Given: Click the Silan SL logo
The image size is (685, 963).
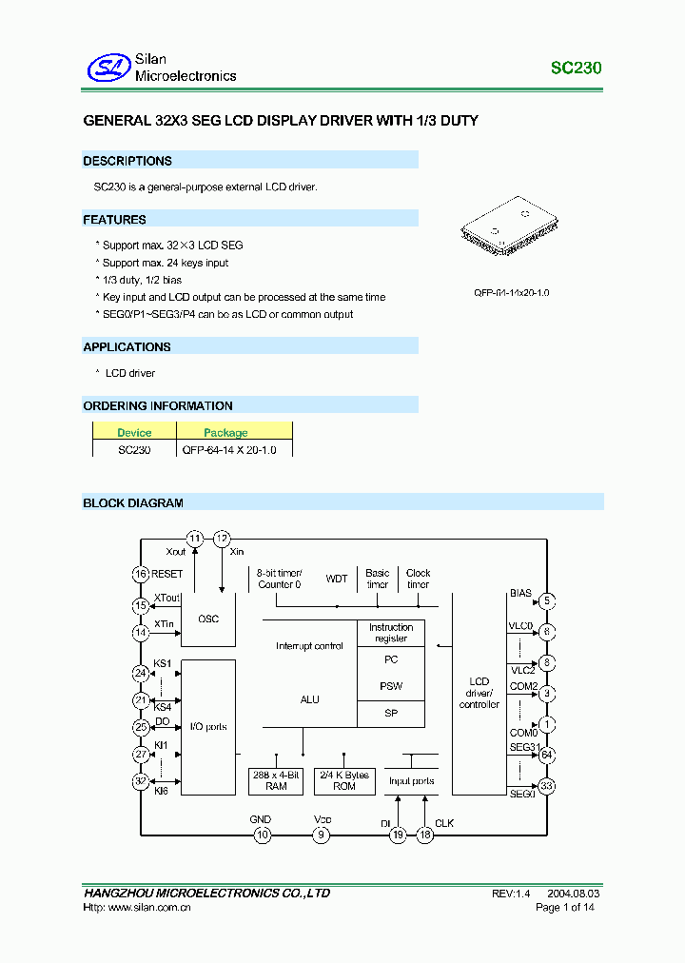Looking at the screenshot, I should [108, 68].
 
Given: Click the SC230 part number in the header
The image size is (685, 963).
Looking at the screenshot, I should [576, 69].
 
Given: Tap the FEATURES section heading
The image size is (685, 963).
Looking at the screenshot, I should [115, 220].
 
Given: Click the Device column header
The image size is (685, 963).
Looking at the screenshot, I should [134, 432].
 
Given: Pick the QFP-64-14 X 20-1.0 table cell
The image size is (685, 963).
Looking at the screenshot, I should [229, 449].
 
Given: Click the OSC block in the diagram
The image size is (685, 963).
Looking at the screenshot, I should [208, 619].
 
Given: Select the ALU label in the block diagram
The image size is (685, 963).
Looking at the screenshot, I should [310, 699].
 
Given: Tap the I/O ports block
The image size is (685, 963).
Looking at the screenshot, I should [208, 727].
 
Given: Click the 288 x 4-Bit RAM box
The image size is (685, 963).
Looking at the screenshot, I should [276, 780].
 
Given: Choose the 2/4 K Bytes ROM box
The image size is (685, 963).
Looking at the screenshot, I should [344, 780].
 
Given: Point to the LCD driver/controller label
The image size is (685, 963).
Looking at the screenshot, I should [479, 693].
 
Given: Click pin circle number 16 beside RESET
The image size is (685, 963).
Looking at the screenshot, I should [141, 574].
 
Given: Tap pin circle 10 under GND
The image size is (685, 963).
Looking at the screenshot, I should [262, 835].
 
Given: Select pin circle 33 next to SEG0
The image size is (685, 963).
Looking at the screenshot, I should [546, 786].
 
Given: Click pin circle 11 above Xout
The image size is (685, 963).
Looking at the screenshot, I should [195, 539].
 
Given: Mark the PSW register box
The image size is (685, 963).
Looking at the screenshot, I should [391, 686].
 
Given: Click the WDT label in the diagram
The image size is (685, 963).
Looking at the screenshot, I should [337, 579].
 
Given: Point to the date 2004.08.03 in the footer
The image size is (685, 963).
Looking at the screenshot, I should [574, 894].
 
